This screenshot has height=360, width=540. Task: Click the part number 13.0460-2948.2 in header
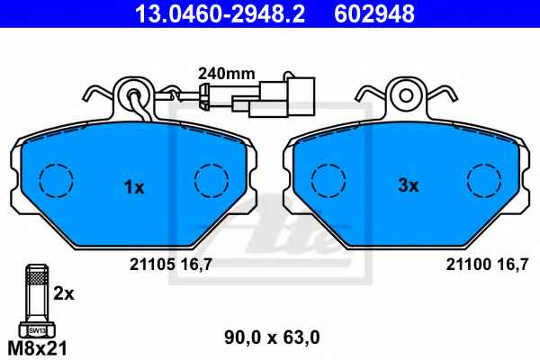point(220,13)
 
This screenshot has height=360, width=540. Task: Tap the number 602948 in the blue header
point(374,13)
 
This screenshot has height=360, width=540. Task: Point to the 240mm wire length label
point(226,74)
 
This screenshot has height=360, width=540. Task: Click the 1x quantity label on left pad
point(134,188)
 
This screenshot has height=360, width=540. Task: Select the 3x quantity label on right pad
point(408,185)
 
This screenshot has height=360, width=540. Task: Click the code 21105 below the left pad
point(152,265)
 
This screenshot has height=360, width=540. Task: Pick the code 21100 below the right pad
point(468,265)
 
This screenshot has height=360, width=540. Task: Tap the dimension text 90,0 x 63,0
point(272,337)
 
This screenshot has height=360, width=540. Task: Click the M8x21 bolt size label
point(37,348)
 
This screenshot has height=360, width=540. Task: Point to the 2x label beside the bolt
point(64,294)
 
